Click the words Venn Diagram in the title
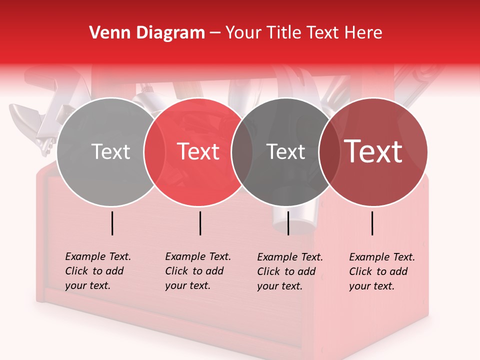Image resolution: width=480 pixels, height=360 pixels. point(147,33)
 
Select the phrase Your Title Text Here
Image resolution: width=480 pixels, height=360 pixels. point(303,33)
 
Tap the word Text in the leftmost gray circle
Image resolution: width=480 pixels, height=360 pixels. point(110,151)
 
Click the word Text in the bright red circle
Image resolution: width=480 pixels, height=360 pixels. point(198,151)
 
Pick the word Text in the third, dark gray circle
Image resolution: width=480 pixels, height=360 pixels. point(285,151)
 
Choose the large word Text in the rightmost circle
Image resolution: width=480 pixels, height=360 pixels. point(373,151)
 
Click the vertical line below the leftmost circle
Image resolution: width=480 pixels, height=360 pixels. point(112,223)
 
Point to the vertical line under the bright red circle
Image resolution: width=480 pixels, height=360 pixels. point(200,223)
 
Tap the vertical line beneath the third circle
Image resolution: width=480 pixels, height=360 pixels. point(288,223)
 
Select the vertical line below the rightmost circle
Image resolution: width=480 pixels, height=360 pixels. point(372,223)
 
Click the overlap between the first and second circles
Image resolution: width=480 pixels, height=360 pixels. point(154,152)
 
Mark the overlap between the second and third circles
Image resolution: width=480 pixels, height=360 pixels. point(242,152)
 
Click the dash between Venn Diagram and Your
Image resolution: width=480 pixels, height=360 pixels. point(215,33)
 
